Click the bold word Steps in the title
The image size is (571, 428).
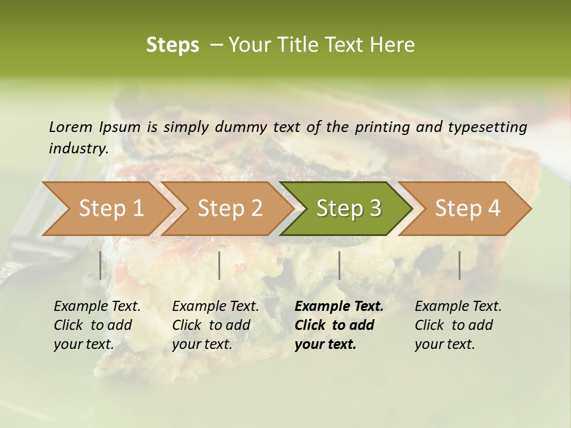click(172, 45)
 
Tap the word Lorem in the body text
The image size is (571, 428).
click(71, 127)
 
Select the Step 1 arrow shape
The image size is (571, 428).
click(107, 209)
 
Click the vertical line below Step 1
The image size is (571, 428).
click(101, 265)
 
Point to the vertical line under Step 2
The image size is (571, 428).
click(219, 265)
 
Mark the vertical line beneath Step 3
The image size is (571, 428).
click(339, 265)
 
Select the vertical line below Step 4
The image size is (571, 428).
click(459, 265)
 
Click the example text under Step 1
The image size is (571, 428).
click(97, 325)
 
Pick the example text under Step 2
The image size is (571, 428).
click(215, 325)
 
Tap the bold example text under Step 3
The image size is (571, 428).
click(339, 325)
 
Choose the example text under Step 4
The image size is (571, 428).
click(458, 325)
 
